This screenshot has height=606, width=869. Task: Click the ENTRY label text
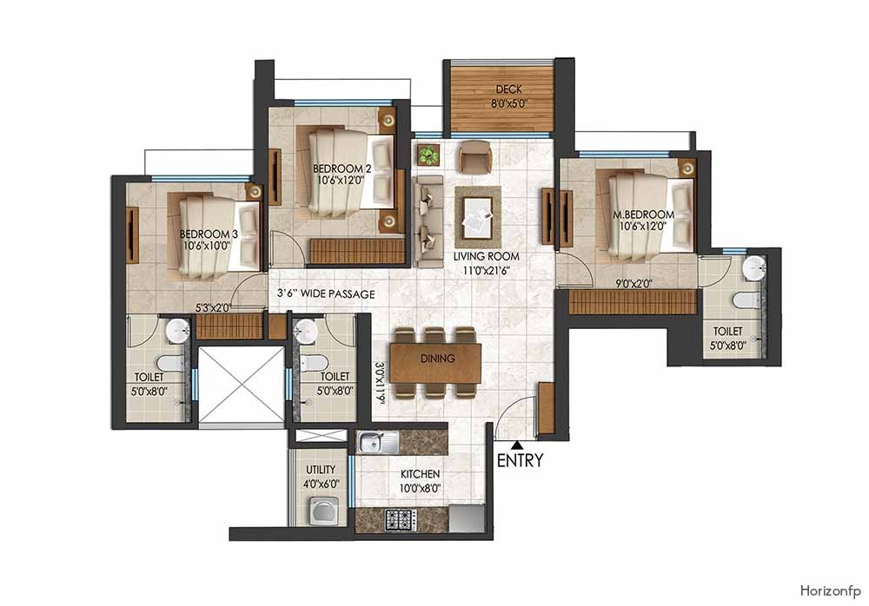(x=520, y=461)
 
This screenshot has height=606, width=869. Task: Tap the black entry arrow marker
(x=518, y=445)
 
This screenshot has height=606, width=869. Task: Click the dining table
(x=435, y=362)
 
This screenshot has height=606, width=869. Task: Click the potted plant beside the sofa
(x=428, y=156)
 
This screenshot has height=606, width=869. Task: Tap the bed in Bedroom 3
(x=217, y=235)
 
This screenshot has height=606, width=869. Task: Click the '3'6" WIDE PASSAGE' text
(x=326, y=294)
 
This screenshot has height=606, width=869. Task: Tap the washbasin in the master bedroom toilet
(x=753, y=268)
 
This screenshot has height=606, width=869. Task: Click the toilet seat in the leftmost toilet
(x=169, y=364)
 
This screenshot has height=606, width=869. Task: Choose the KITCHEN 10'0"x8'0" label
(x=420, y=481)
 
